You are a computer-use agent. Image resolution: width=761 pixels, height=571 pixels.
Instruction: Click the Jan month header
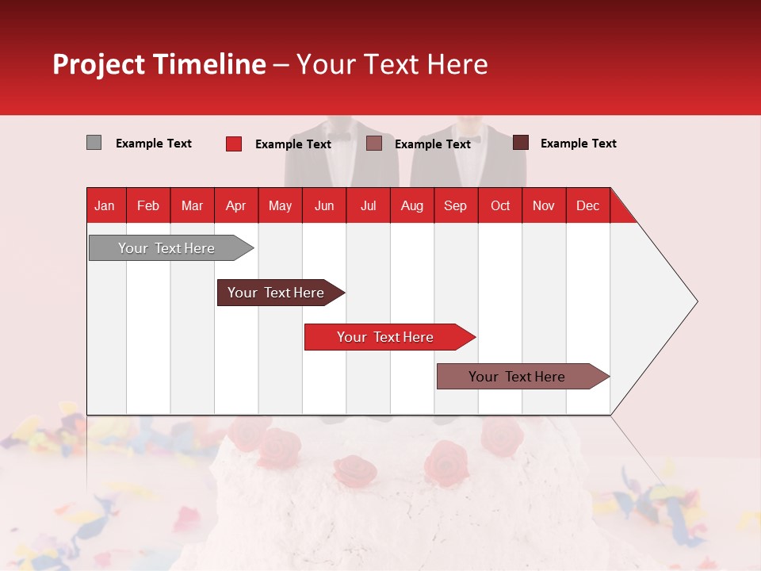coord(105,205)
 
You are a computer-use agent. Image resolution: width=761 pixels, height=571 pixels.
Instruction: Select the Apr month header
coord(235,205)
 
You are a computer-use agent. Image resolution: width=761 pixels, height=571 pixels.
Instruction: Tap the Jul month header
coord(368,205)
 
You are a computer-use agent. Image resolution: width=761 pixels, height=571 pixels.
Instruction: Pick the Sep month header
coord(455,205)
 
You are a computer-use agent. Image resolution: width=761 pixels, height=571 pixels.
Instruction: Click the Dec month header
coord(587,205)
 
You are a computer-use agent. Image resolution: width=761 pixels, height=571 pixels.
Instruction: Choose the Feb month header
coord(148,205)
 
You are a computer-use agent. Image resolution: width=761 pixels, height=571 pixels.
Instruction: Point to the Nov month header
coord(543,205)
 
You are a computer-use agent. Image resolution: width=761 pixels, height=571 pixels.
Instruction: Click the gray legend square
coord(94,143)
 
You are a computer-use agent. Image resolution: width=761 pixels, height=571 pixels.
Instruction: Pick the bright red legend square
coord(233,144)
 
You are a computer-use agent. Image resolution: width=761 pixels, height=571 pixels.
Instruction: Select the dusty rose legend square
coord(374,144)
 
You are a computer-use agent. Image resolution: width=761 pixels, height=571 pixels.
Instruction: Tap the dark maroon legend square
coord(521,143)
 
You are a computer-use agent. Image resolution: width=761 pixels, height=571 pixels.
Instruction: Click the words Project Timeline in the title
coord(159,64)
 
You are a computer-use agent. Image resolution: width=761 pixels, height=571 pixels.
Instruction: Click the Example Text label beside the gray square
coord(154,144)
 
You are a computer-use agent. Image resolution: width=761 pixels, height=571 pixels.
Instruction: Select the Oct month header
coord(499,205)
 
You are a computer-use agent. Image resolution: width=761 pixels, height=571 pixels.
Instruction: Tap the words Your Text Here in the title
coord(392,64)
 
